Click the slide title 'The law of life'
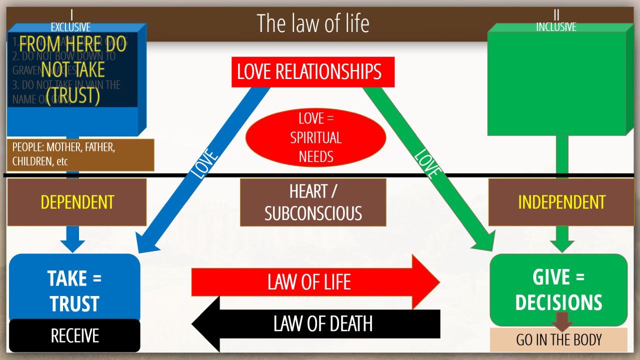(x=313, y=23)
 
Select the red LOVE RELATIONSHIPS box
(x=313, y=72)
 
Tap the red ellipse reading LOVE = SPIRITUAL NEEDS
(x=316, y=137)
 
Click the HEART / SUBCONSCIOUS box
(x=313, y=202)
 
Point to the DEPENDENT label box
(x=77, y=202)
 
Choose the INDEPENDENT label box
(x=561, y=202)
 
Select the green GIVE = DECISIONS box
(x=558, y=289)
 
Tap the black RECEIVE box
(x=74, y=335)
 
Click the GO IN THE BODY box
(x=558, y=340)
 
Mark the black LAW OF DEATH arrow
(x=320, y=323)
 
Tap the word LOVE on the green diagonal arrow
(x=427, y=163)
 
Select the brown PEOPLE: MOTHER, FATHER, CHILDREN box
(x=80, y=155)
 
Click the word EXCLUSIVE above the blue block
(x=70, y=27)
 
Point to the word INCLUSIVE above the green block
(x=556, y=27)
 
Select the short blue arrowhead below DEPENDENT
(x=72, y=240)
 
